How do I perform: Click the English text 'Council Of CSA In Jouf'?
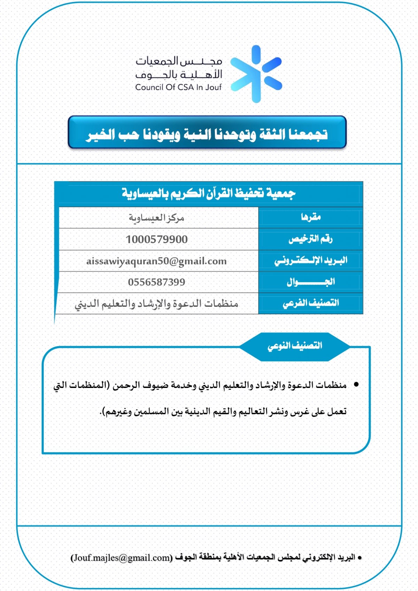pyautogui.click(x=178, y=87)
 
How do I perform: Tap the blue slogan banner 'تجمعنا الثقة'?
pyautogui.click(x=207, y=134)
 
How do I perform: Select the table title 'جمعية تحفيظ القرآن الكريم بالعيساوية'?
pyautogui.click(x=208, y=193)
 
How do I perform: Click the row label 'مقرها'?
pyautogui.click(x=311, y=217)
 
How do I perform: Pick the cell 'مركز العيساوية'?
pyautogui.click(x=156, y=218)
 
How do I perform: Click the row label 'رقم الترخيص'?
pyautogui.click(x=310, y=239)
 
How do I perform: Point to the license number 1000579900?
pyautogui.click(x=157, y=240)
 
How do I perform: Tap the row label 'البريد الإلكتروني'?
pyautogui.click(x=311, y=260)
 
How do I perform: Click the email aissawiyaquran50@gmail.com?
pyautogui.click(x=156, y=261)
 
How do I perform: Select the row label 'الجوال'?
pyautogui.click(x=311, y=282)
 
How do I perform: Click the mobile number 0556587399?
pyautogui.click(x=156, y=282)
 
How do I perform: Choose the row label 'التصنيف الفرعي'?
pyautogui.click(x=311, y=303)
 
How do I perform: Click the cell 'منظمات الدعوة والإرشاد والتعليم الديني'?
pyautogui.click(x=156, y=304)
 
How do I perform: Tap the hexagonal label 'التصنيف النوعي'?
pyautogui.click(x=295, y=346)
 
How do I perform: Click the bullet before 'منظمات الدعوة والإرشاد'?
pyautogui.click(x=356, y=384)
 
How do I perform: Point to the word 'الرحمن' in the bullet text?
pyautogui.click(x=124, y=385)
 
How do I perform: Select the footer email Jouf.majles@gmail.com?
pyautogui.click(x=122, y=558)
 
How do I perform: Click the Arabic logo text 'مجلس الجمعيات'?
pyautogui.click(x=179, y=62)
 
